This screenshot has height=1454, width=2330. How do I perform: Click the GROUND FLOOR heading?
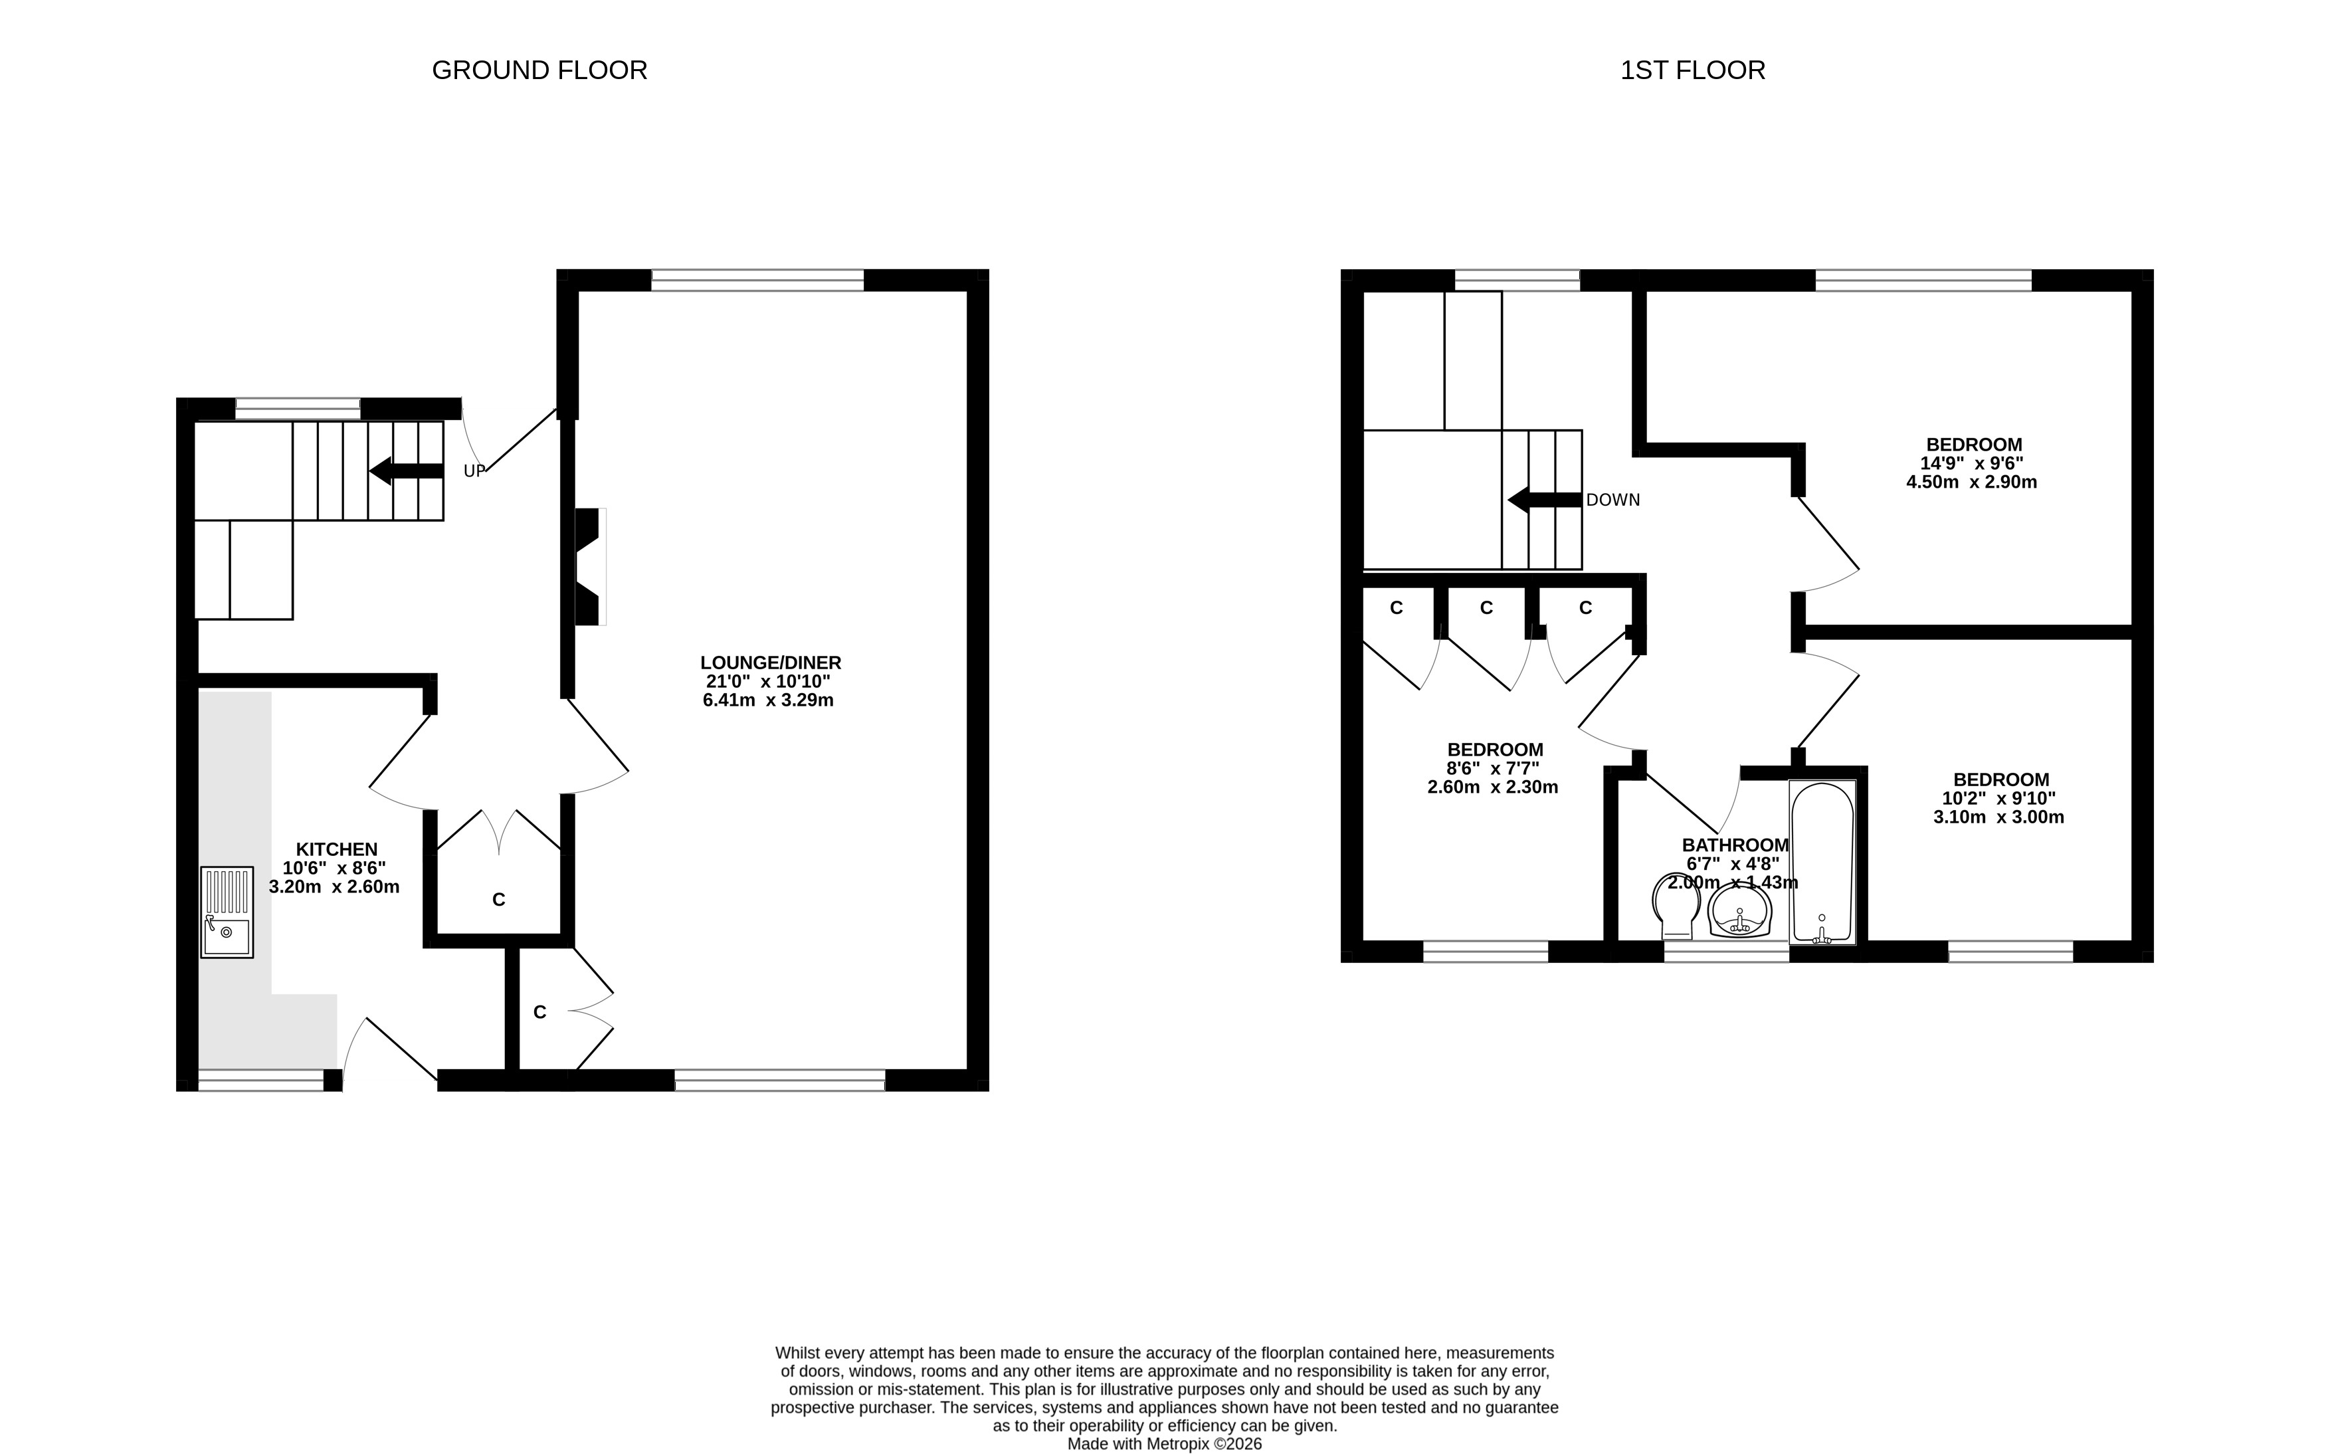tap(539, 70)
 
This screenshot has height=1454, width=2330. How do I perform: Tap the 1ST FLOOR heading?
tap(1693, 70)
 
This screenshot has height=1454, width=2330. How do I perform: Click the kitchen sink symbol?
tap(227, 912)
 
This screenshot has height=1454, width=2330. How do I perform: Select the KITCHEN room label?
tap(336, 849)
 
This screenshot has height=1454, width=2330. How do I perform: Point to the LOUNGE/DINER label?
tap(771, 663)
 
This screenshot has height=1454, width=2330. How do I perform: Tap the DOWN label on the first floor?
tap(1613, 500)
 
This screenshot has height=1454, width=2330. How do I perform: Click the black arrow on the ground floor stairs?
tap(406, 471)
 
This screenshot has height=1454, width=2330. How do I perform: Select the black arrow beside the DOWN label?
tap(1545, 500)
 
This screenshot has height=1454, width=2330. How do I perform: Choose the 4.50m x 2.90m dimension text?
tap(1971, 482)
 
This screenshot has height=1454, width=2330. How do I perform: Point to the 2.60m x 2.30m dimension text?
tap(1493, 787)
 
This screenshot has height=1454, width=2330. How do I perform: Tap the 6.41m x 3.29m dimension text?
tap(768, 700)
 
